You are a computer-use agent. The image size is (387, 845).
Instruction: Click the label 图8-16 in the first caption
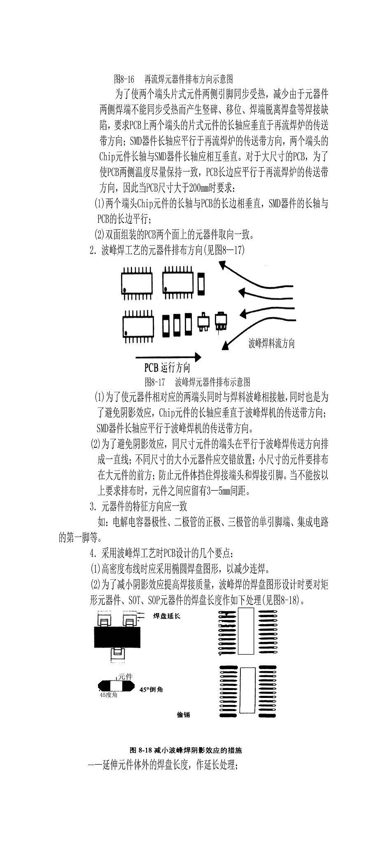pyautogui.click(x=124, y=78)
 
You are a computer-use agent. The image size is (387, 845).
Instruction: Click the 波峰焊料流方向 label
pyautogui.click(x=271, y=343)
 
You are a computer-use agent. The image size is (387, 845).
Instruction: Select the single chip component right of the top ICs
pyautogui.click(x=201, y=283)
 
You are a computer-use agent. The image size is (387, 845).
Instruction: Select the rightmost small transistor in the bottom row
pyautogui.click(x=221, y=320)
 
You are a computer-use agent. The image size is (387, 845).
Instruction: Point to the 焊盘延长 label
pyautogui.click(x=166, y=616)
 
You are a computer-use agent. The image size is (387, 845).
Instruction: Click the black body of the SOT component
pyautogui.click(x=117, y=638)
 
